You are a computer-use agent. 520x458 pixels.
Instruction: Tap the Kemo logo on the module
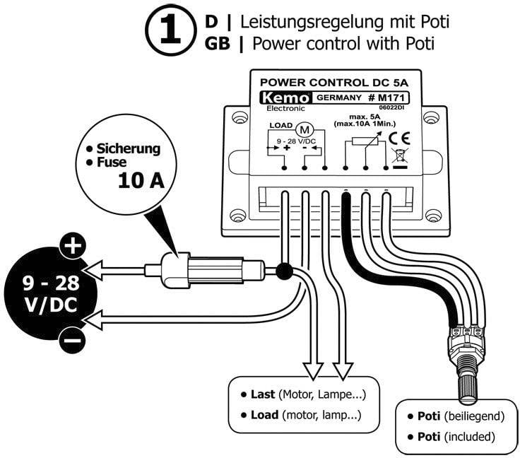280,98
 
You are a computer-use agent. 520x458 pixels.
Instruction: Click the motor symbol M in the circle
306,130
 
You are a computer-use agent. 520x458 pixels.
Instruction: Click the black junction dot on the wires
285,270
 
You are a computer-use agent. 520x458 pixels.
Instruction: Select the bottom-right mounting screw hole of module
436,216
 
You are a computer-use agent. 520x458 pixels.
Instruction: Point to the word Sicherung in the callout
129,149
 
